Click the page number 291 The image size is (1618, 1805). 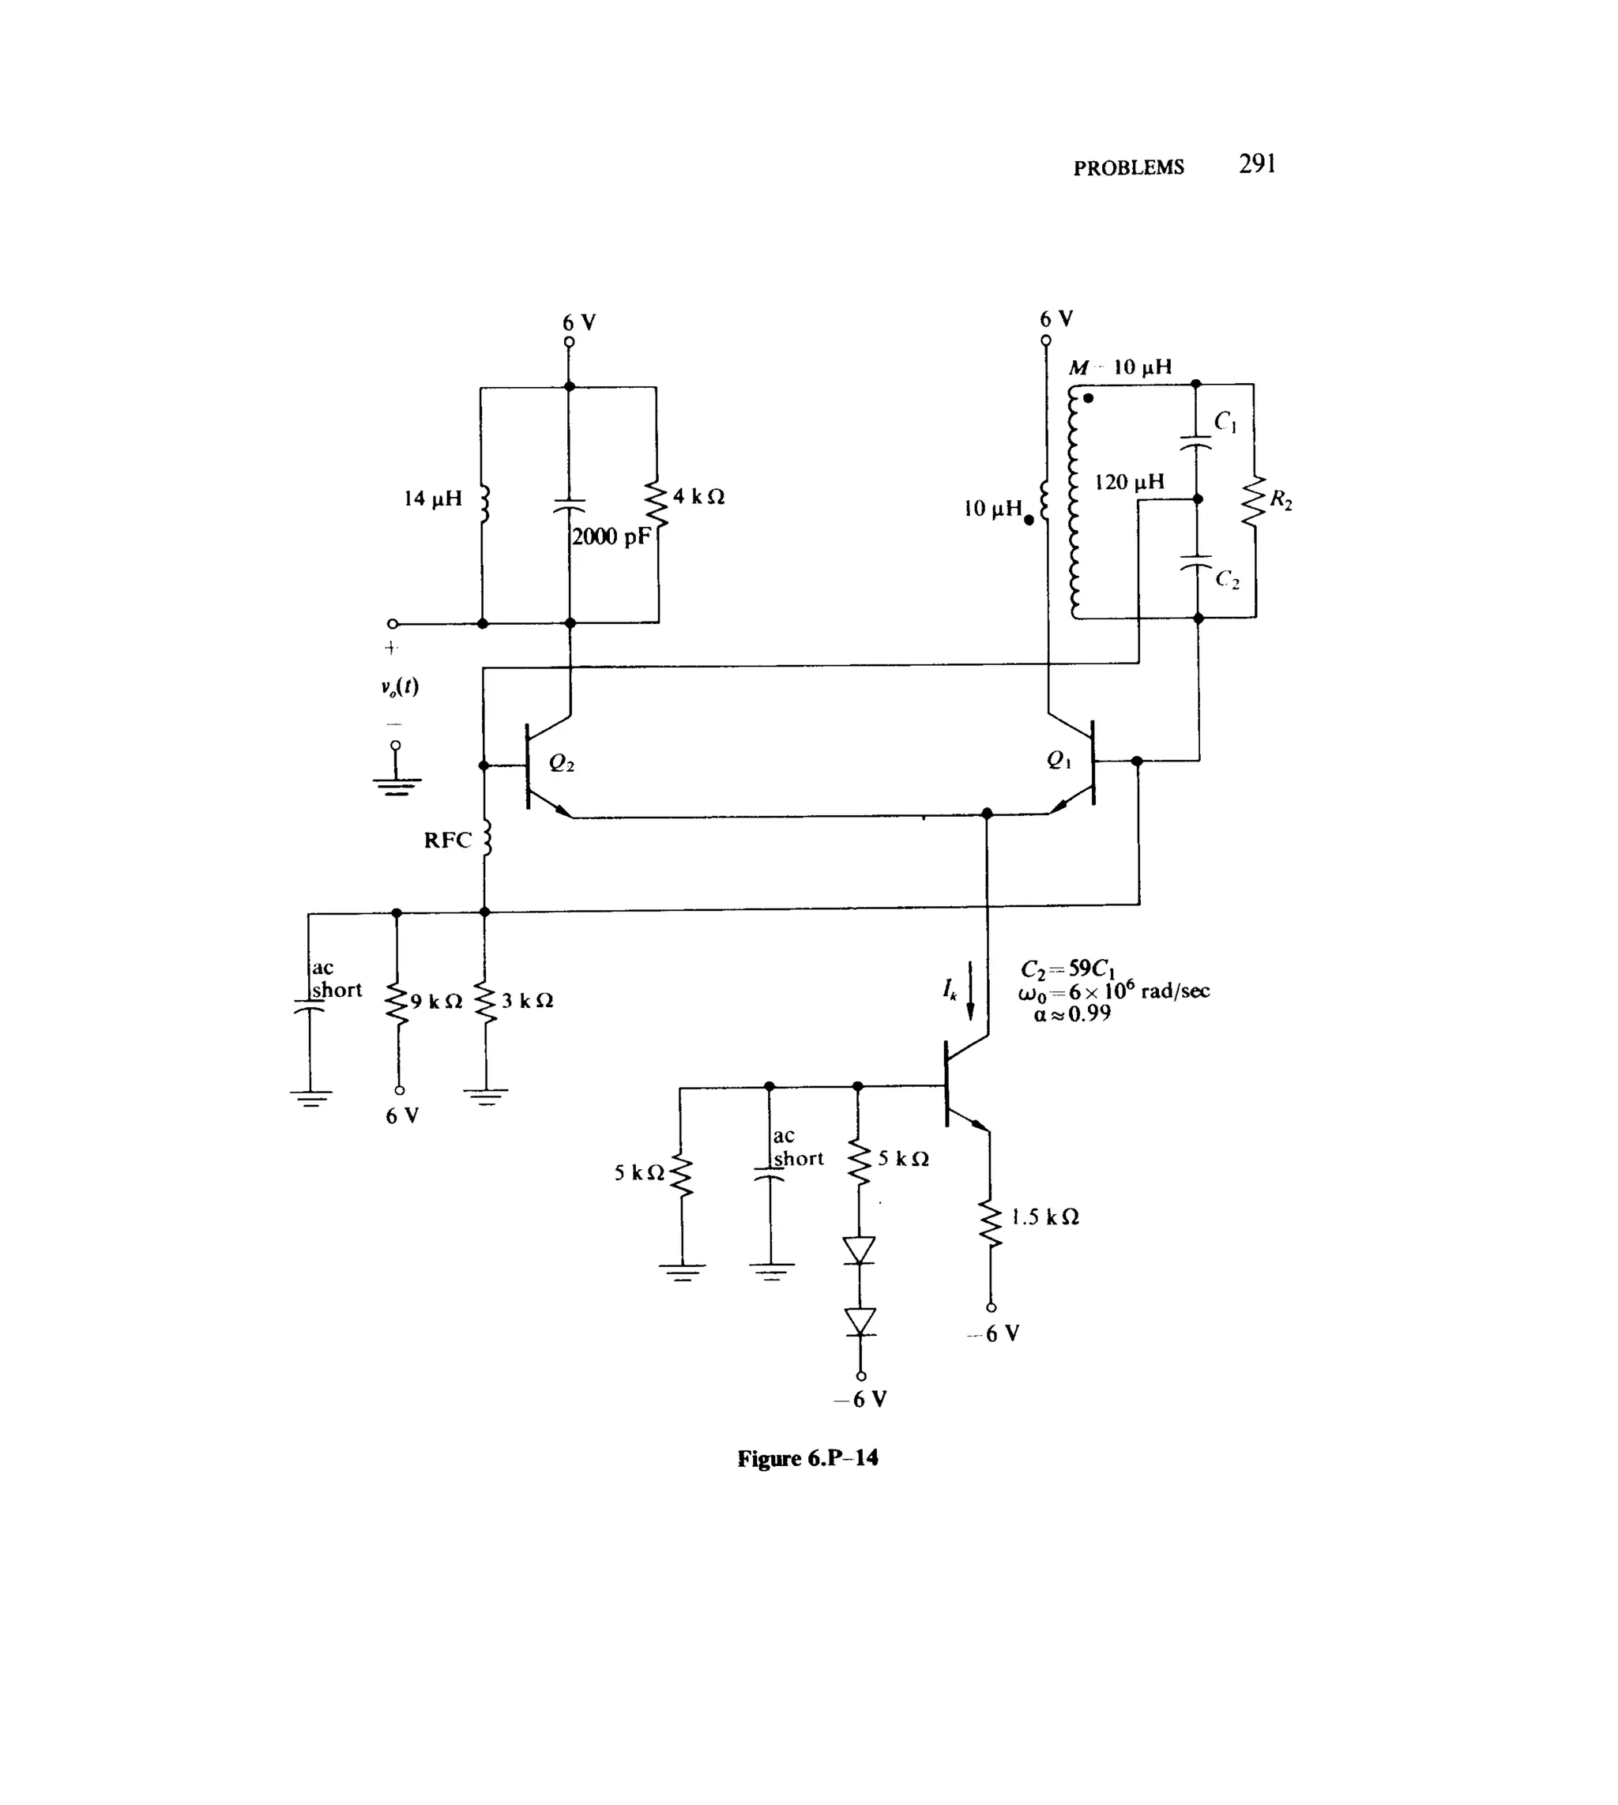1257,164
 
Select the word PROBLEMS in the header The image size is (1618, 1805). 1128,168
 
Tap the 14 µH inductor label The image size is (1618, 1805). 433,498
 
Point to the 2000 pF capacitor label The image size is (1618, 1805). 611,537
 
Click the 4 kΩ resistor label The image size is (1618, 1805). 698,497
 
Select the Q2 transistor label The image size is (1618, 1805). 561,762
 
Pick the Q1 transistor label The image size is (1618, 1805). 1059,760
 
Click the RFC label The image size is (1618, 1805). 447,840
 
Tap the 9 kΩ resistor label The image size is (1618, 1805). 435,1002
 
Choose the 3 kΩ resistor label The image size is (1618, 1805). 527,1001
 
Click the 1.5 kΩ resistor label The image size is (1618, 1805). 1044,1216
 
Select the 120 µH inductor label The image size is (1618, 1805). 1129,483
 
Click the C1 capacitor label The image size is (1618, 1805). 1225,421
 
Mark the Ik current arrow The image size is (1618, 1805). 970,990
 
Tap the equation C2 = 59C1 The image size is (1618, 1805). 1067,968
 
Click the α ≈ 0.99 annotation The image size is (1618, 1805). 1072,1014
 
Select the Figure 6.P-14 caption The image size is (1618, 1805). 807,1458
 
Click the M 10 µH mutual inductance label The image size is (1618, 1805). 1120,367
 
